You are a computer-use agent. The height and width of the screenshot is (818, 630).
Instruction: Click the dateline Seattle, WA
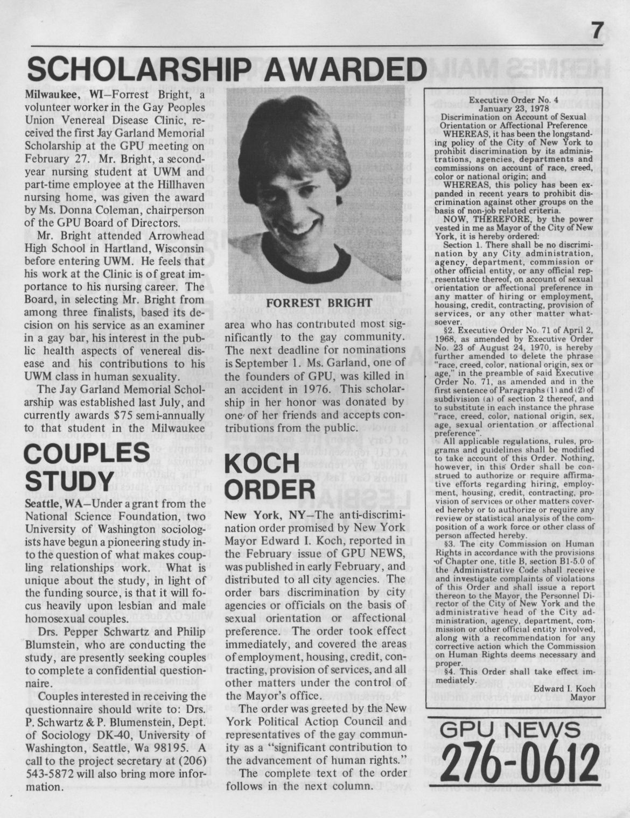pos(53,504)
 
